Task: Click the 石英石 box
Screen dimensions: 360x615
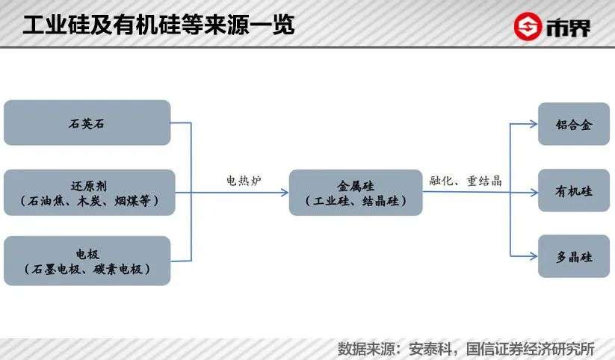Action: point(87,123)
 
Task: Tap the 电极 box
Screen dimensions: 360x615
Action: point(87,261)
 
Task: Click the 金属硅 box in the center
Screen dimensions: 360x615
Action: point(356,193)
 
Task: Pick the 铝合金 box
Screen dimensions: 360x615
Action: point(574,124)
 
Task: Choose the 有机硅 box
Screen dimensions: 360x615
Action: point(574,191)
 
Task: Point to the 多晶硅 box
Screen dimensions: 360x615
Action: point(574,256)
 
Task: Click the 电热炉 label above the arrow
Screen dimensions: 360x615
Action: point(244,180)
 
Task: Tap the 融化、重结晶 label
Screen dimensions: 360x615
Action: point(466,180)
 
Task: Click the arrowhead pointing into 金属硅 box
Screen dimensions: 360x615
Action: point(285,192)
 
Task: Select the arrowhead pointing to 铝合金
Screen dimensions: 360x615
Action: point(534,124)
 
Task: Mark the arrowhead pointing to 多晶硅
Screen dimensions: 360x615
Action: point(534,256)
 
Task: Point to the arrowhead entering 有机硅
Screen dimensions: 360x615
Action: point(534,192)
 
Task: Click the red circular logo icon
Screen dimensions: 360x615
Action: point(529,27)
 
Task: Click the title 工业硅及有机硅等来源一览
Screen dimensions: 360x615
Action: point(158,25)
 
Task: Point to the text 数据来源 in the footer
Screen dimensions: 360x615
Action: point(362,349)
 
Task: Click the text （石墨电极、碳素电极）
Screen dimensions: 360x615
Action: point(87,269)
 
